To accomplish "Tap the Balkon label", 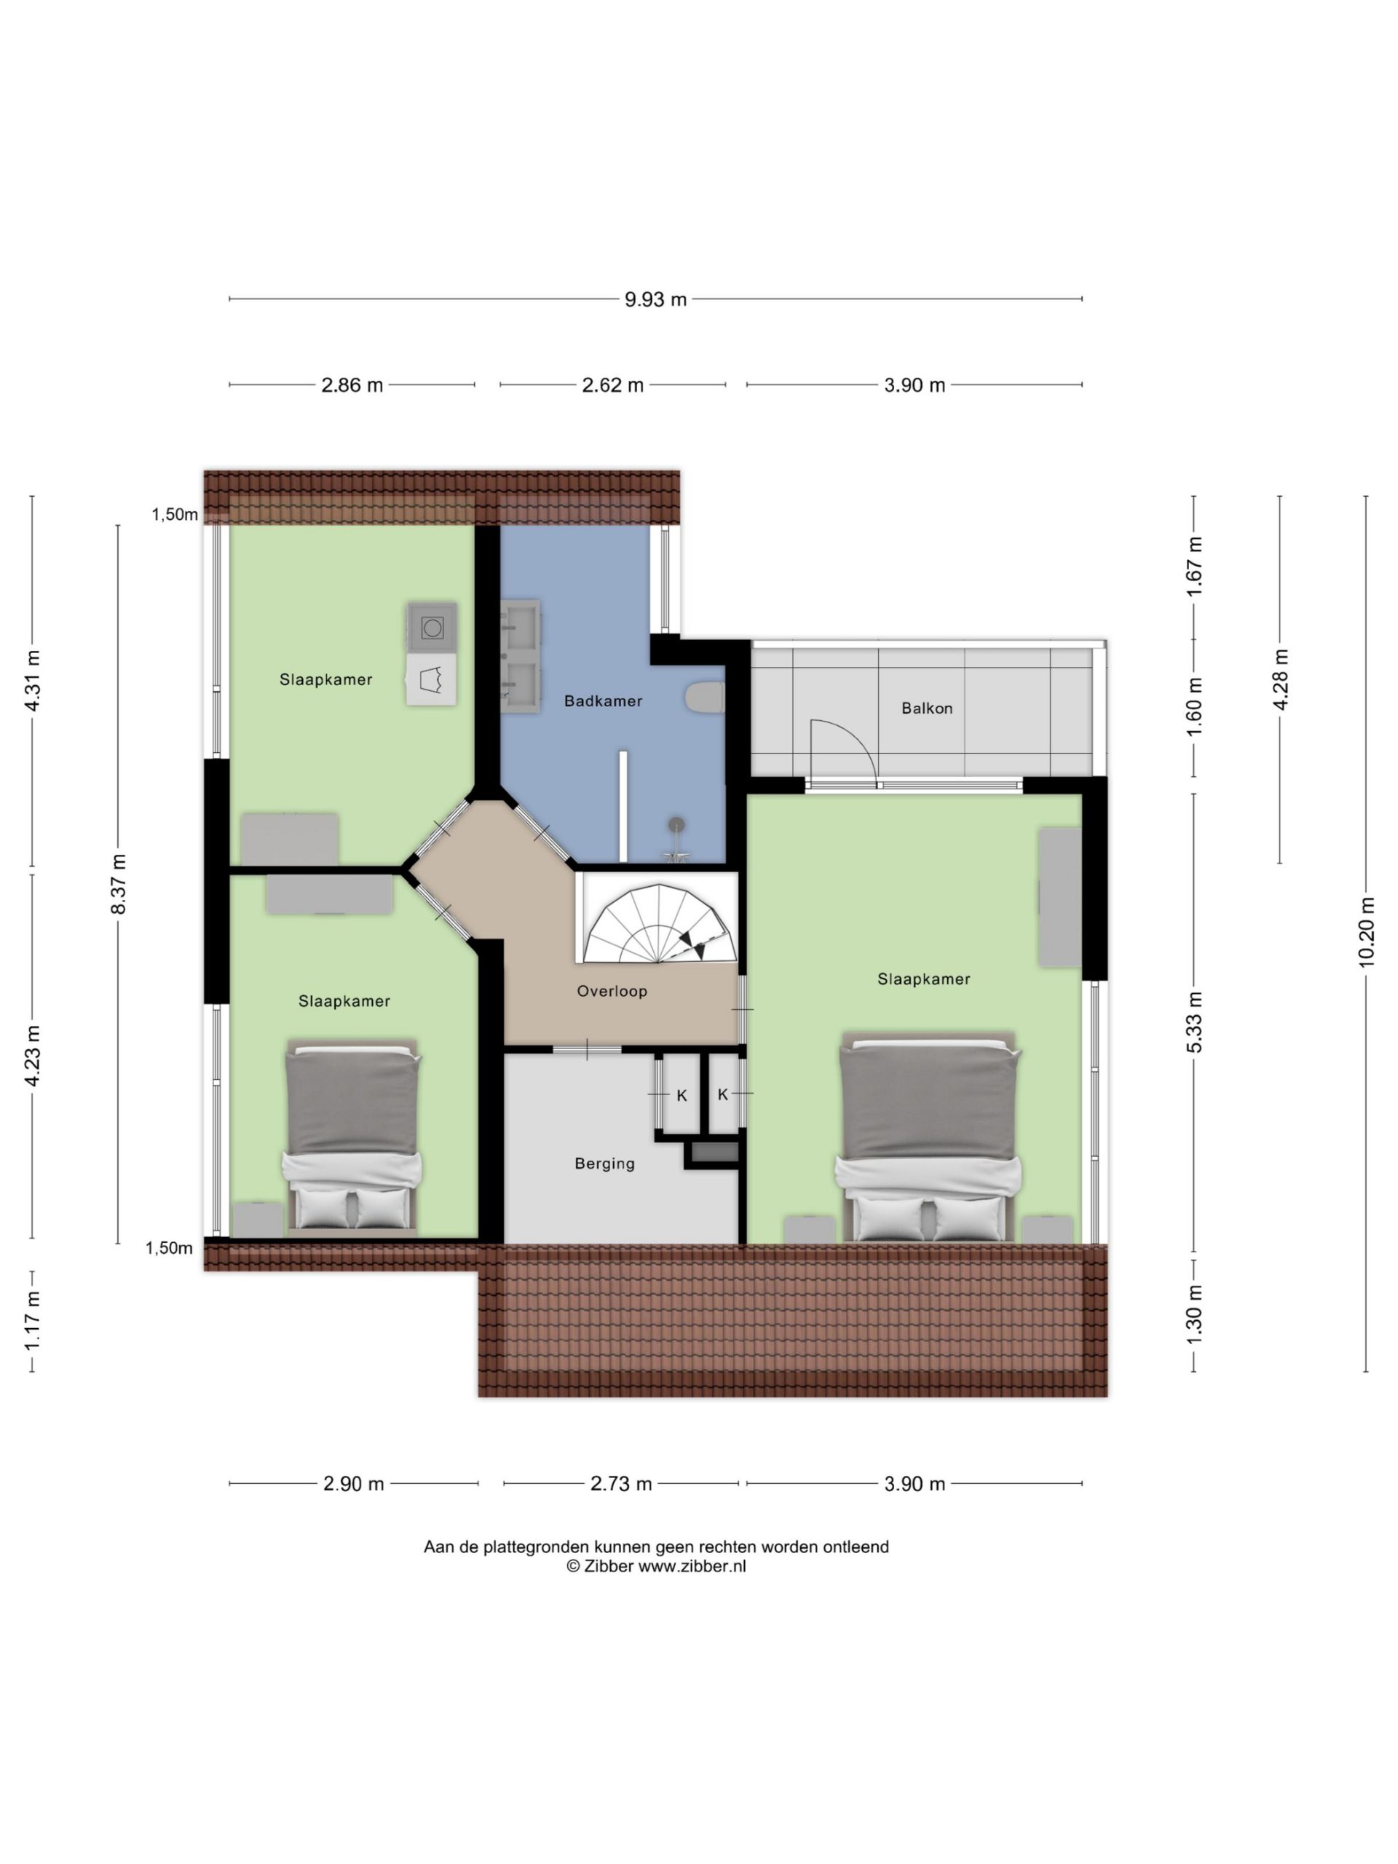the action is coord(927,708).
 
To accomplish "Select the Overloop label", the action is coord(612,991).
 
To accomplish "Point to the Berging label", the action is coord(604,1164).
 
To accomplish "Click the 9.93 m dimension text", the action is coord(655,299).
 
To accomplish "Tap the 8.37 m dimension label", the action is coord(119,884).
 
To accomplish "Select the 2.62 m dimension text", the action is coord(612,385).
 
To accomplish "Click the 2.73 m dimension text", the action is coord(621,1484).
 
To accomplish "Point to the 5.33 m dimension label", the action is coord(1194,1022).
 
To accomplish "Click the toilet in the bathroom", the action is coord(706,698).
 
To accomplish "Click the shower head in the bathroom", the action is coord(676,825).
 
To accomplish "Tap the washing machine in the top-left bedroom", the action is coord(433,628).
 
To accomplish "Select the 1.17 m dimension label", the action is coord(32,1319).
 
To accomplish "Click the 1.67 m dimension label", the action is coord(1194,566).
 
